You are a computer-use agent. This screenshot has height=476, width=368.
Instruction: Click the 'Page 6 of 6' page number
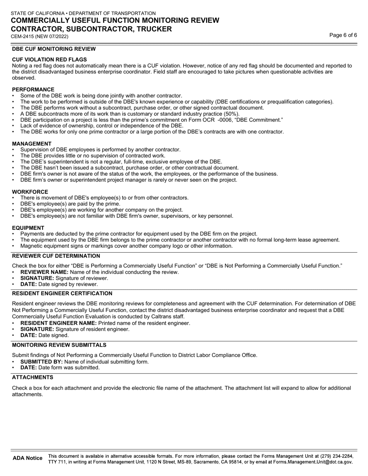[x=343, y=35]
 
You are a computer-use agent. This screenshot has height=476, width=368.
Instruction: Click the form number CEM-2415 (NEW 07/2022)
[x=40, y=37]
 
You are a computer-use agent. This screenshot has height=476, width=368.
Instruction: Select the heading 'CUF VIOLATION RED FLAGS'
[x=49, y=60]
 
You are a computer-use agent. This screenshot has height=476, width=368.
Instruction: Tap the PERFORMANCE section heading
[x=33, y=89]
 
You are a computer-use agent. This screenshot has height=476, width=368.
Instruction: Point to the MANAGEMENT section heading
[x=31, y=144]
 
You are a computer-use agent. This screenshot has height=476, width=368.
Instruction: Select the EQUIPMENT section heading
[x=28, y=228]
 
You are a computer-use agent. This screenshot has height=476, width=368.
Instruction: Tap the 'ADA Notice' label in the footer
[x=28, y=458]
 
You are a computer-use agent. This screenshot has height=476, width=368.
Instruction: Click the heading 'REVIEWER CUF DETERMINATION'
[x=56, y=256]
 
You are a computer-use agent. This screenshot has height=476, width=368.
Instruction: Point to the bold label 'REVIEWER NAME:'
[x=44, y=272]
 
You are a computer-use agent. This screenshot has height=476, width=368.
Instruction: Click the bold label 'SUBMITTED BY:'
[x=41, y=362]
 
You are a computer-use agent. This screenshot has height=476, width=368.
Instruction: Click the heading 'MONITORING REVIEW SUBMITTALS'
[x=59, y=345]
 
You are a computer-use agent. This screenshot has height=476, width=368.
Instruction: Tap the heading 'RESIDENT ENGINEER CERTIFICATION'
[x=62, y=294]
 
